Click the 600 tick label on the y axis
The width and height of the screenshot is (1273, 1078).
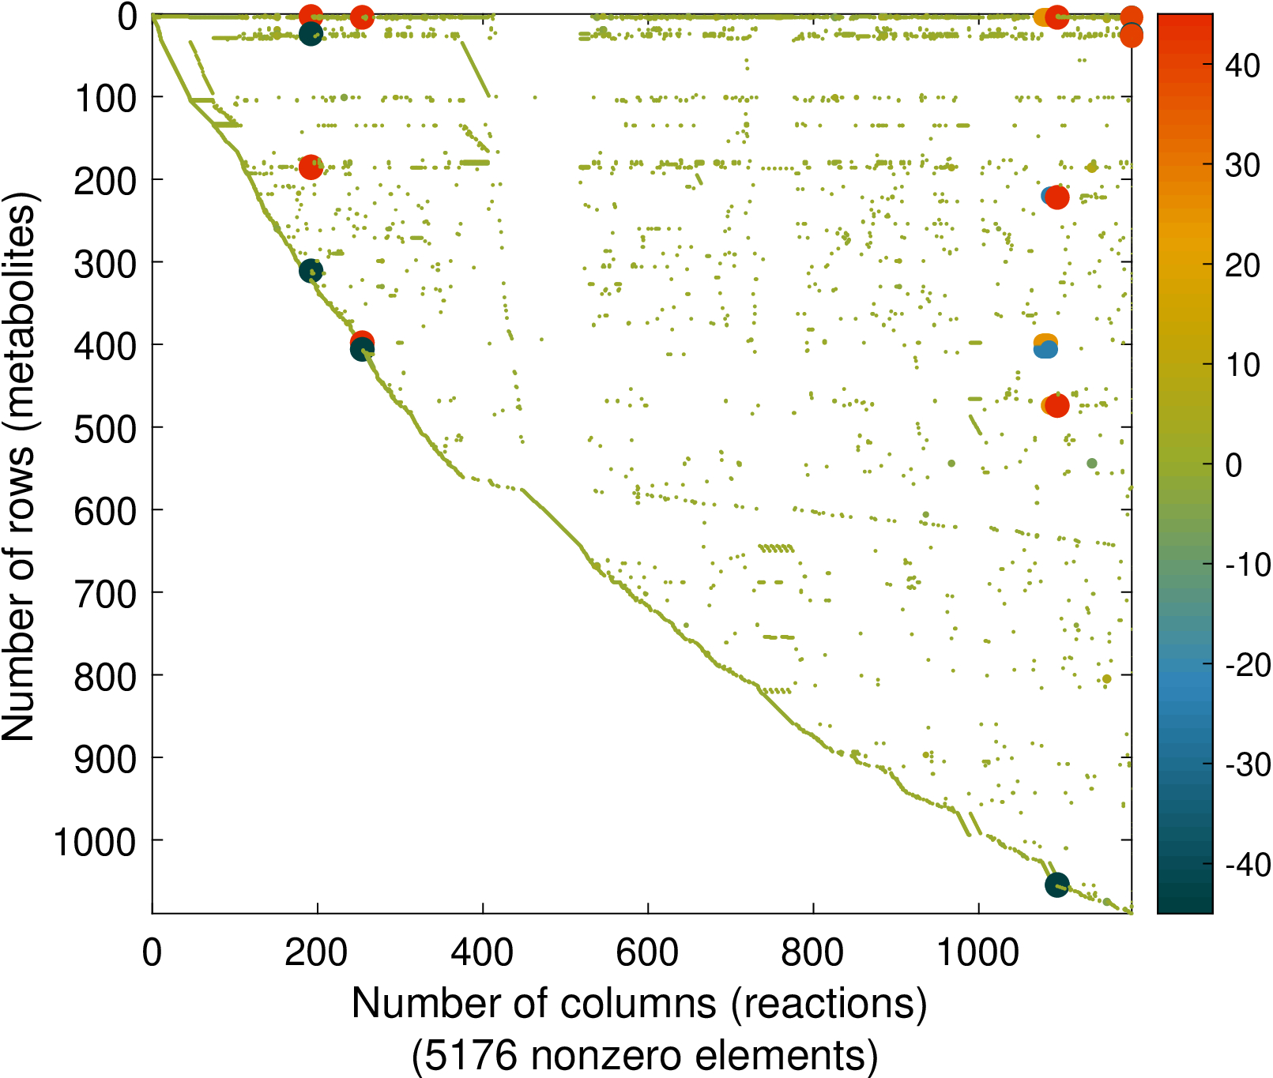pos(104,512)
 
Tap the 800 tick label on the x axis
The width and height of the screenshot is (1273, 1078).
pos(812,952)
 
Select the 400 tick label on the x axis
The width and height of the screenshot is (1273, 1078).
pos(482,952)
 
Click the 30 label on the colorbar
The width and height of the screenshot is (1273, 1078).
pos(1242,165)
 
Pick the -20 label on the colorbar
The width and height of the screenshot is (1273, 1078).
pos(1248,665)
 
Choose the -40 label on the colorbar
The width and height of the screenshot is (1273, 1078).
pos(1248,865)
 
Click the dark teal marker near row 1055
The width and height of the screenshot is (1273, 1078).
pos(1056,885)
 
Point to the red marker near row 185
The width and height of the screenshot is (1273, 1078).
pos(311,167)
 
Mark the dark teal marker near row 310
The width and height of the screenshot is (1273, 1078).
pos(311,271)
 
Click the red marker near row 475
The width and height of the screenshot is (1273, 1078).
pos(1057,406)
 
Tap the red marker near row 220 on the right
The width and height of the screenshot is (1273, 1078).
pos(1057,197)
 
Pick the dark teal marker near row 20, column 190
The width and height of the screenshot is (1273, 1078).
pos(311,33)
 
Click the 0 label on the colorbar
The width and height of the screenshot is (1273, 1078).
pos(1233,465)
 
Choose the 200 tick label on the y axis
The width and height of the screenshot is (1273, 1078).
pos(104,182)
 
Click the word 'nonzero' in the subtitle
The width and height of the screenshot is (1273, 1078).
pos(604,1055)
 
